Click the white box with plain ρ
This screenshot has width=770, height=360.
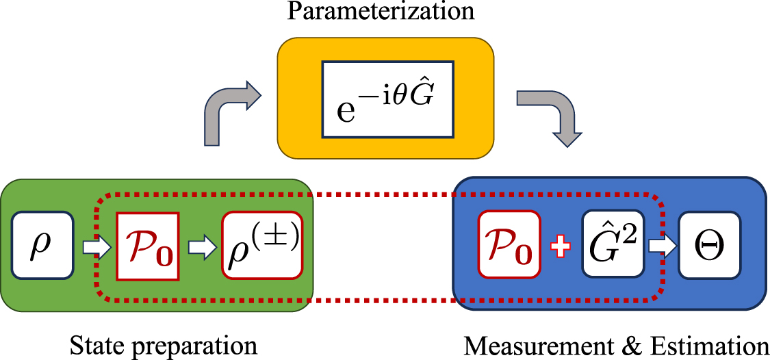tap(42, 245)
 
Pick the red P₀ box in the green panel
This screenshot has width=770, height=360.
tap(148, 246)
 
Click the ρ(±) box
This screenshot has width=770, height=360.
tap(262, 245)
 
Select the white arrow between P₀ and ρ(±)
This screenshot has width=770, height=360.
tap(201, 246)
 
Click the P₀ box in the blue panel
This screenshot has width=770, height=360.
tap(509, 245)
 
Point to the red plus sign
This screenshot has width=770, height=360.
tap(561, 246)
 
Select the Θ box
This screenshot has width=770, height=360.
tap(709, 244)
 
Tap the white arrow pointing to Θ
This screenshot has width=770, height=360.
tap(660, 245)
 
